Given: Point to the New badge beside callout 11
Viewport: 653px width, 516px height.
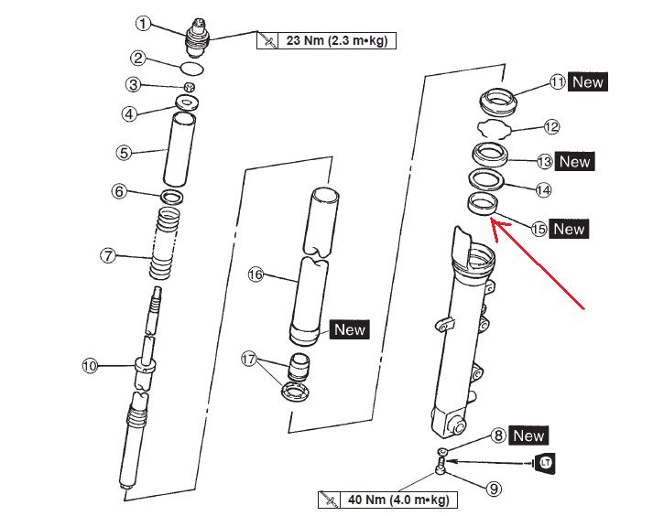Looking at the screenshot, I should (588, 81).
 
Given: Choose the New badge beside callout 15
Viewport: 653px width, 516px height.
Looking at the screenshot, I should (568, 229).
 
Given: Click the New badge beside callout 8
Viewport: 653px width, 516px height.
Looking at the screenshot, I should (528, 435).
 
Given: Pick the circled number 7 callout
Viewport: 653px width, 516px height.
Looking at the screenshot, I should (109, 256).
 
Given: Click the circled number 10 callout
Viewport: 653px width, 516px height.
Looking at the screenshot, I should (90, 366).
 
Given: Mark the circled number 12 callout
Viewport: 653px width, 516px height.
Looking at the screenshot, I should (550, 127).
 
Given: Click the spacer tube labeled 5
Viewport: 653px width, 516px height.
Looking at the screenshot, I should (179, 148).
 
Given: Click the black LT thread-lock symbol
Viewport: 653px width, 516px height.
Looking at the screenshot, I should (547, 462).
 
